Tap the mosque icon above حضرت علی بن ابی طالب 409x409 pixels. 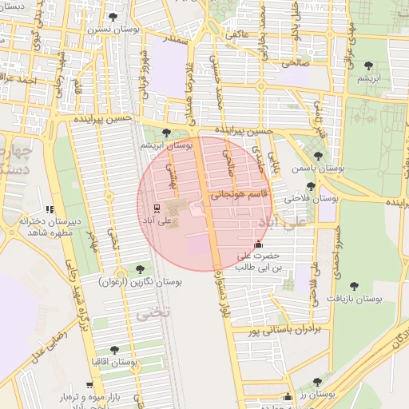click(257, 244)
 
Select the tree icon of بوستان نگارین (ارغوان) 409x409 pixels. click(141, 269)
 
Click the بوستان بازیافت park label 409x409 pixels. click(355, 298)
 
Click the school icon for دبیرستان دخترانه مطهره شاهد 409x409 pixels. click(50, 209)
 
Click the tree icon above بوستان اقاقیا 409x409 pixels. click(113, 349)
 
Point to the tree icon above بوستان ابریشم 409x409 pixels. click(166, 133)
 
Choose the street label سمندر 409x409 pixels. click(177, 38)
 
